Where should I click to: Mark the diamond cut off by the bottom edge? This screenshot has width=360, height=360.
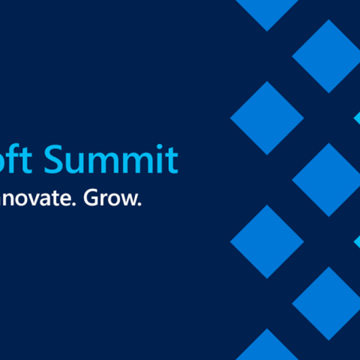pos(266,346)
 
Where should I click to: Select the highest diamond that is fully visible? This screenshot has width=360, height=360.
pos(328,56)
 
